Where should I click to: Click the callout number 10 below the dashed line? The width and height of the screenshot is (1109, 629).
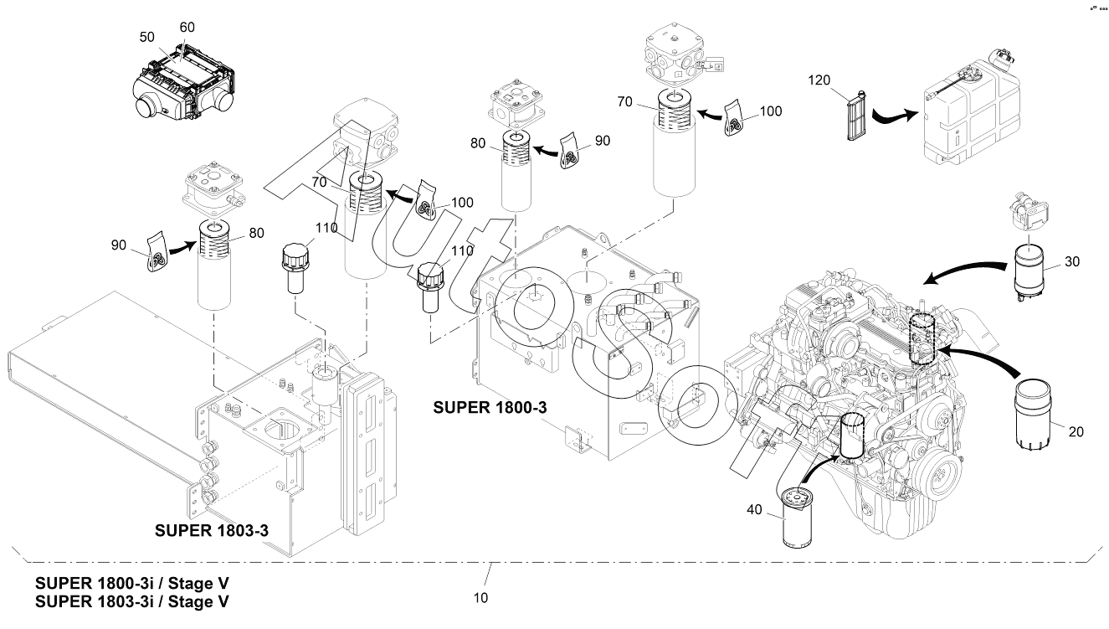[480, 598]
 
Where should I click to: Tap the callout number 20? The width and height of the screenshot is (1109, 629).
[1076, 431]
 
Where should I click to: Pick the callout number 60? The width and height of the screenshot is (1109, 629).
[187, 27]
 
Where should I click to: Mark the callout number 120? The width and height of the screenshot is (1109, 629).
[819, 80]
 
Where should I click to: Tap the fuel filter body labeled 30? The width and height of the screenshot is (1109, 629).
[1031, 270]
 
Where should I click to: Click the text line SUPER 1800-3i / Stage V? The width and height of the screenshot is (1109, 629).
[131, 583]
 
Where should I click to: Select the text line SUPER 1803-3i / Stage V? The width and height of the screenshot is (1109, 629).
[131, 601]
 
